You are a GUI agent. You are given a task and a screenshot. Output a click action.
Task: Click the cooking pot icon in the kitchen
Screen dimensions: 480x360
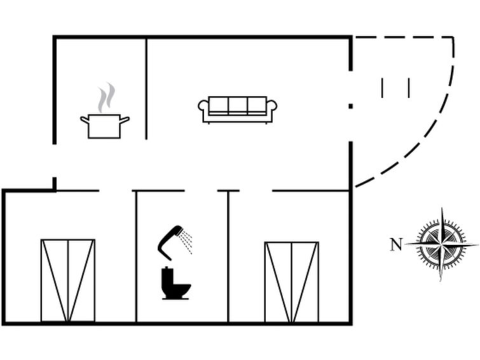104,126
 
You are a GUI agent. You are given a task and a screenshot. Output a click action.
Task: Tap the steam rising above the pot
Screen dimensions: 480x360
106,97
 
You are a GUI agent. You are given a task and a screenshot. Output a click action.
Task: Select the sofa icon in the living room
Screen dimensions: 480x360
238,110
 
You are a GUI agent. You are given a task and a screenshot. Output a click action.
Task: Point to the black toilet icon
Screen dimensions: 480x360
175,284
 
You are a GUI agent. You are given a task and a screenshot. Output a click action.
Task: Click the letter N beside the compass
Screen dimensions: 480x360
396,244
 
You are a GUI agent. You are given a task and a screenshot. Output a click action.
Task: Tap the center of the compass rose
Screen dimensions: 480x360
441,244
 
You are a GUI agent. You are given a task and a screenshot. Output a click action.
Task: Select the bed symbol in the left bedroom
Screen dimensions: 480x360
68,280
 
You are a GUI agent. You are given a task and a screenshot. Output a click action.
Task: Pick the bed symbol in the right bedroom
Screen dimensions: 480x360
292,282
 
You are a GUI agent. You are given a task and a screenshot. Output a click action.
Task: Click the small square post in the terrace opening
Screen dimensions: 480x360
351,106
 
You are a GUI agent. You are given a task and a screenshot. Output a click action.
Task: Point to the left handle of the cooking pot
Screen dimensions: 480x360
85,120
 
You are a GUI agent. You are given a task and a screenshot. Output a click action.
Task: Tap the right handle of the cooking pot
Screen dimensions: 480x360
125,120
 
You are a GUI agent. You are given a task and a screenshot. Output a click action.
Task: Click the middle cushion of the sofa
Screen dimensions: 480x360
238,105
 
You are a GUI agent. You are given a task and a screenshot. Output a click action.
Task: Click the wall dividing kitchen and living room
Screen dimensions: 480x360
146,88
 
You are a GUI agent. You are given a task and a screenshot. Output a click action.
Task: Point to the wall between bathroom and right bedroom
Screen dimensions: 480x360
228,257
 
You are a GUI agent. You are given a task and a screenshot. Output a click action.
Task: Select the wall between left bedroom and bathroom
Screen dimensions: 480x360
136,257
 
